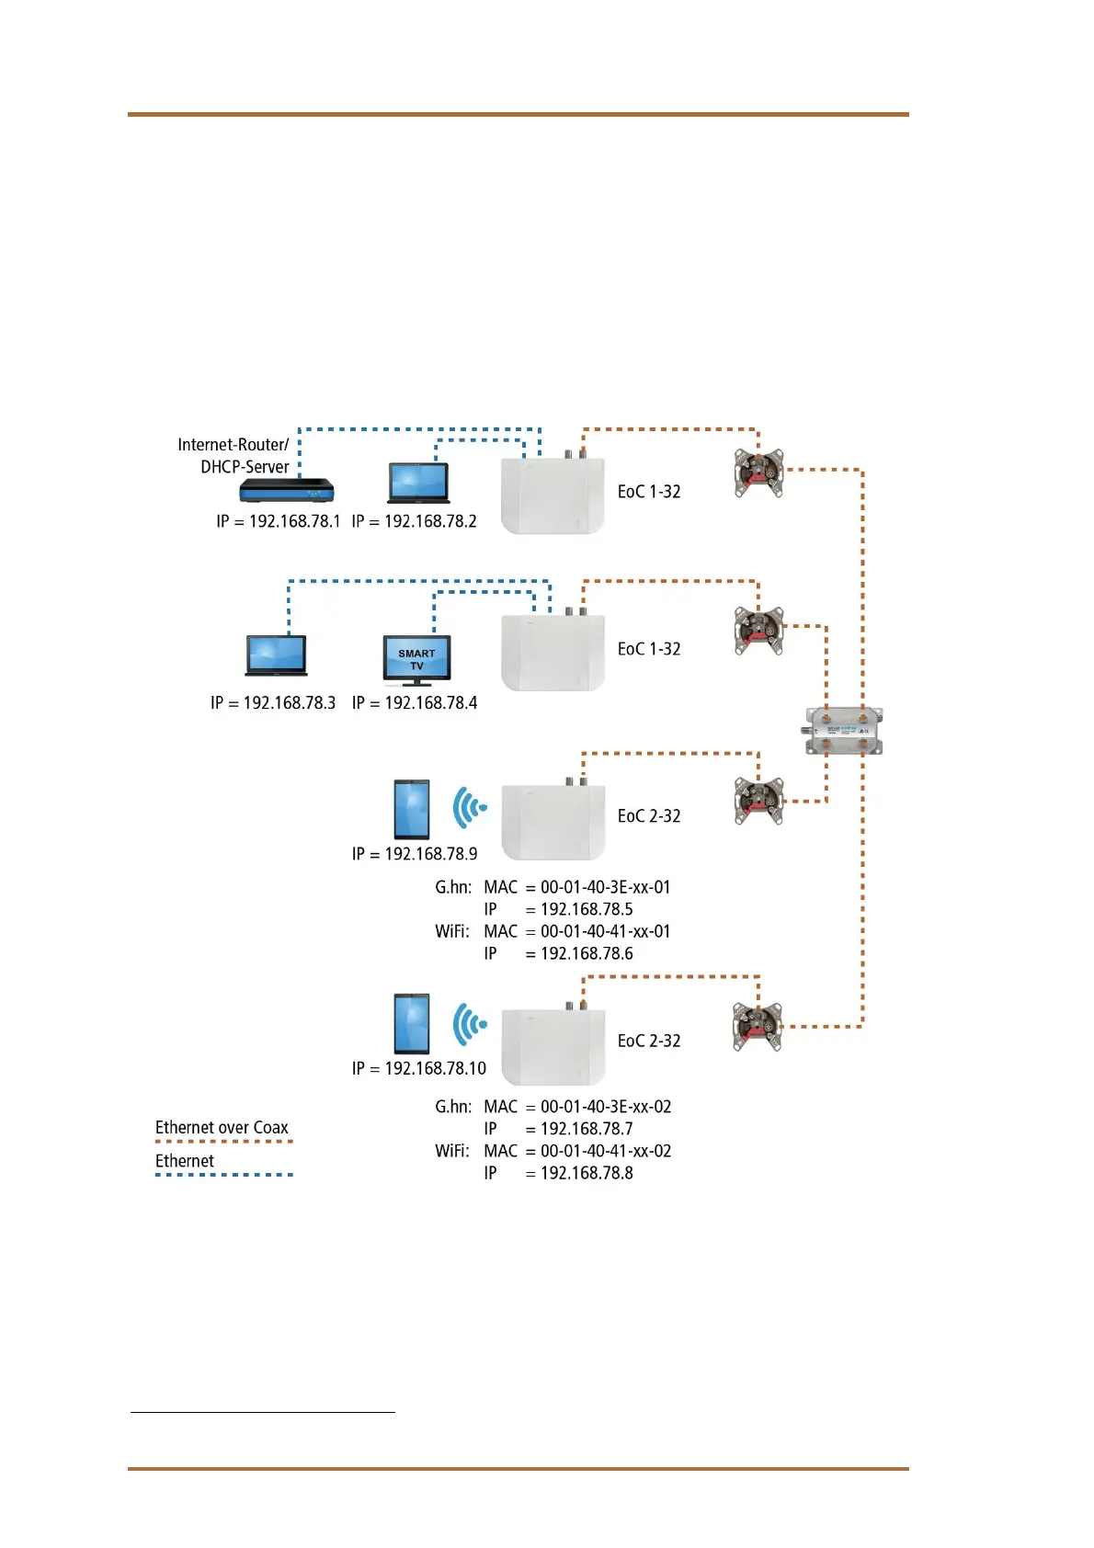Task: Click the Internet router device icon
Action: [286, 491]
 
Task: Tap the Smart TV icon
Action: [416, 660]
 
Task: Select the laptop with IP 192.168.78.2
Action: [418, 484]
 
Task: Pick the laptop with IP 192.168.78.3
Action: [276, 655]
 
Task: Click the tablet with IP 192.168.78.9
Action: [411, 809]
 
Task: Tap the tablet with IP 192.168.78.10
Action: [411, 1023]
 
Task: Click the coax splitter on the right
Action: [844, 732]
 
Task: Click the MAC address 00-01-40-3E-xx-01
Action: [605, 887]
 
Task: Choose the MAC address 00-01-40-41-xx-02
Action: [605, 1151]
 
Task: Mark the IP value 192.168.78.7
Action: [587, 1129]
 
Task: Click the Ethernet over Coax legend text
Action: [222, 1128]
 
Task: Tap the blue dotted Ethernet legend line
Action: [223, 1175]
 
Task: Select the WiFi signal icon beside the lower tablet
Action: [470, 1023]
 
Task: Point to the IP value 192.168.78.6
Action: [587, 954]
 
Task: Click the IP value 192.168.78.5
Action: [587, 909]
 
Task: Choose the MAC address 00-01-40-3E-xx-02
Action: [605, 1107]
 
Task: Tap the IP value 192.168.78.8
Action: [587, 1173]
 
